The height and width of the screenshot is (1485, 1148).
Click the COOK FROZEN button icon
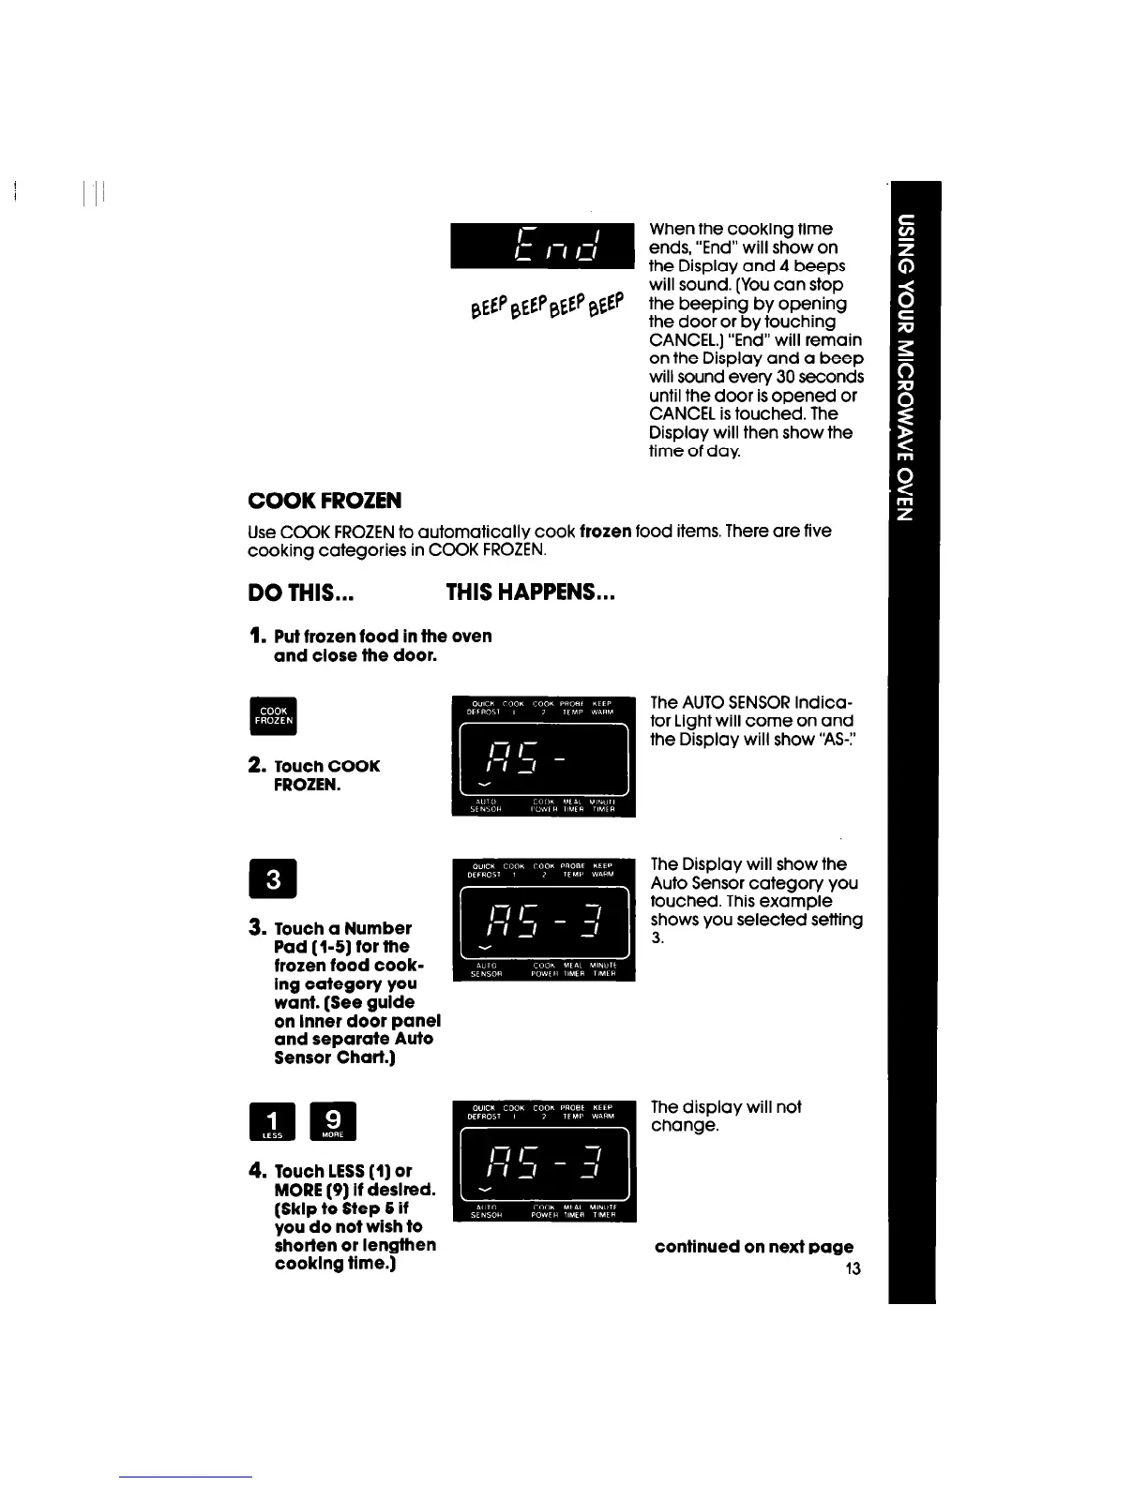tap(274, 716)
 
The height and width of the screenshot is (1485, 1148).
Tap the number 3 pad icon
tap(273, 880)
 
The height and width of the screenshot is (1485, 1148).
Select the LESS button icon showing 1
tap(274, 1122)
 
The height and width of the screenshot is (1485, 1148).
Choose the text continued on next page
tap(754, 1247)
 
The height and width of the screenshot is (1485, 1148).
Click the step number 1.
tap(254, 637)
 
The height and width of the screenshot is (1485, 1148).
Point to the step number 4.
tap(255, 1171)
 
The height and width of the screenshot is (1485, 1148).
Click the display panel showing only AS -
tap(543, 757)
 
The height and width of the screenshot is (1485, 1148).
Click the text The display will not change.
tap(725, 1116)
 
